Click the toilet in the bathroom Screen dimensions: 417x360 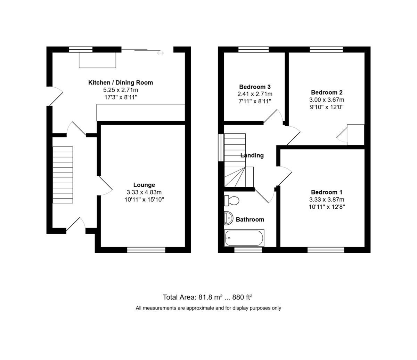(x=231, y=200)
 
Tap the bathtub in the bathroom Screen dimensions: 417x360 (x=244, y=238)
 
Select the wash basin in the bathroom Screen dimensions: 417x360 (x=229, y=218)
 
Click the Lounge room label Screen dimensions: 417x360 (x=144, y=185)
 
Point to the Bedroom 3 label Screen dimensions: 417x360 (x=255, y=87)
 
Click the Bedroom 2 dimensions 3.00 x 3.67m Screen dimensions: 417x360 (x=327, y=100)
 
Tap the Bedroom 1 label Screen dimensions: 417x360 (x=327, y=192)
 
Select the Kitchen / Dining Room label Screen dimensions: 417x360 (x=121, y=82)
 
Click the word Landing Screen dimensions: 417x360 (x=252, y=155)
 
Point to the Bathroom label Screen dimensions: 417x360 (x=250, y=219)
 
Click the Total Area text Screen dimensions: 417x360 (x=207, y=297)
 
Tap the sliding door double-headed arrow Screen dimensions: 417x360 (x=161, y=53)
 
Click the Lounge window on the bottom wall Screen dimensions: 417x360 (x=146, y=250)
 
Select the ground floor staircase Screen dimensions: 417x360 (x=63, y=175)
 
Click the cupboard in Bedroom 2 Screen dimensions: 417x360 (x=355, y=135)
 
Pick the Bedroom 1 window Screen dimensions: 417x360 (x=326, y=250)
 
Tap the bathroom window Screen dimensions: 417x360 (x=248, y=250)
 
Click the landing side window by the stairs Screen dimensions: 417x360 (x=221, y=147)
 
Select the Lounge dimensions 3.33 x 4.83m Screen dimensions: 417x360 (x=144, y=192)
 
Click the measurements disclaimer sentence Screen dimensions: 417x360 (x=208, y=308)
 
